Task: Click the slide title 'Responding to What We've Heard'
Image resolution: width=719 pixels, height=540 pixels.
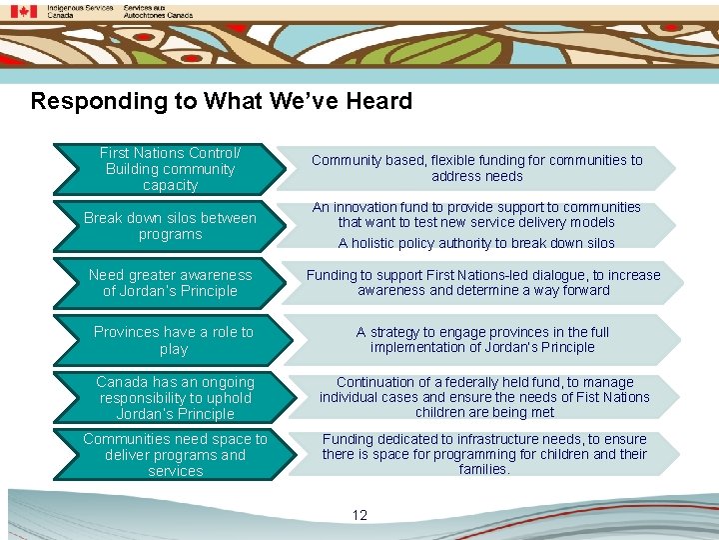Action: point(221,101)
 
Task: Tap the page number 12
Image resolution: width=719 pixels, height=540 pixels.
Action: point(359,515)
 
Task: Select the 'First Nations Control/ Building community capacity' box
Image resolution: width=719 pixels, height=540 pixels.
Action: point(170,169)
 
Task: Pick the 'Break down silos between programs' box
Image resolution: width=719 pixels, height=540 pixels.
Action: point(170,226)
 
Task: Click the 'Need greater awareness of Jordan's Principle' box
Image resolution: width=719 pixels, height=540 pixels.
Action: point(170,283)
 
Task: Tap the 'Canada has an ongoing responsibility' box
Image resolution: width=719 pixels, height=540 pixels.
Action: point(175,397)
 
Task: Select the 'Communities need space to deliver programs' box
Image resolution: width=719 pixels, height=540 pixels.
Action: point(175,454)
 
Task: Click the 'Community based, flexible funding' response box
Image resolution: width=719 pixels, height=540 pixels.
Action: point(476,168)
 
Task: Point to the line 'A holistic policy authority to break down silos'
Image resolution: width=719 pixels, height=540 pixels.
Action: point(476,243)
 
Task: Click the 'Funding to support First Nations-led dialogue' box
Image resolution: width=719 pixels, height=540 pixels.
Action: point(483,283)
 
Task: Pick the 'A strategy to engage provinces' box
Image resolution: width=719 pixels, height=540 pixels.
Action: point(482,340)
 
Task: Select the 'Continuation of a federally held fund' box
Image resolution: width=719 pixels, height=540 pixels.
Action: point(484,397)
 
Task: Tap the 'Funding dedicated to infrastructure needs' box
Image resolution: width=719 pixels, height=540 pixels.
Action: point(484,454)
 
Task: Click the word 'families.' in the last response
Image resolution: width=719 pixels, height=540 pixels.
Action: point(484,469)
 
